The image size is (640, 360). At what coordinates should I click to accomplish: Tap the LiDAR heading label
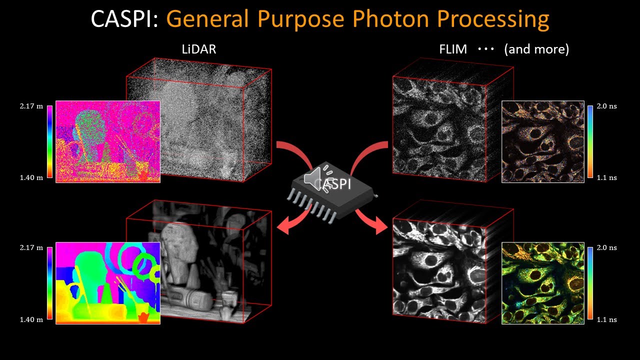coord(199,49)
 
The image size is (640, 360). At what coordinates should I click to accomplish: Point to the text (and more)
coord(536,49)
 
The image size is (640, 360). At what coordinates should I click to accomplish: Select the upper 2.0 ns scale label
coord(607,106)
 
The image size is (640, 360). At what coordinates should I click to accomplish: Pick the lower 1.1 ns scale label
coord(607,319)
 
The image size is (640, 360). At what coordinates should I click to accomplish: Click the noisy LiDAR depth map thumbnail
coord(107,141)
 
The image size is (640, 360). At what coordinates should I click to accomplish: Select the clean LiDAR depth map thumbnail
coord(107,283)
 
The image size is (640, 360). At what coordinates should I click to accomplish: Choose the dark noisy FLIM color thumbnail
coord(542,141)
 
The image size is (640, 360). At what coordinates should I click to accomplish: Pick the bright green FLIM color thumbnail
coord(542,283)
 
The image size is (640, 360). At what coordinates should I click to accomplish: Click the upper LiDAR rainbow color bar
coord(49,141)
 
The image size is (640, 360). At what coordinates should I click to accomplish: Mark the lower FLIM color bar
coord(590,283)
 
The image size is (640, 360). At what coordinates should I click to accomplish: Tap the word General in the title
coord(207,19)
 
